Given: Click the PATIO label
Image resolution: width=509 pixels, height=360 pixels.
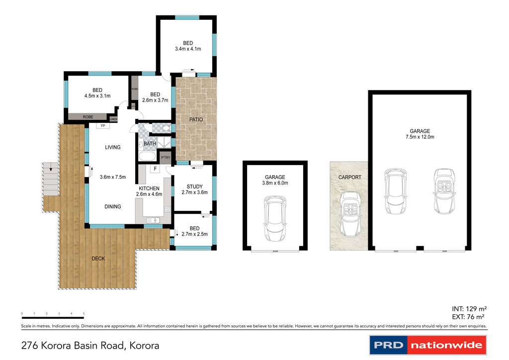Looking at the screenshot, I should click(196, 119).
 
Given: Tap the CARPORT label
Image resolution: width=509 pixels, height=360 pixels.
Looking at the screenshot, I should click(349, 177).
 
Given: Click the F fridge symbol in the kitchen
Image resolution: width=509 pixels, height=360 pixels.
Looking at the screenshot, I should click(155, 169).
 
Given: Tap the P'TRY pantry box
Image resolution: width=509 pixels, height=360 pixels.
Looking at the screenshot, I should click(165, 158).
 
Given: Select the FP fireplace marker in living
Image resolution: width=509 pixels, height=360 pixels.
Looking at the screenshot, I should click(103, 126).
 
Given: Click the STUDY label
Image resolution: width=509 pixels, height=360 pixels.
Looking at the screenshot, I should click(194, 186).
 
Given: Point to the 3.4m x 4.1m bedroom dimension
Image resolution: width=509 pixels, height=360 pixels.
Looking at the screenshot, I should click(187, 49).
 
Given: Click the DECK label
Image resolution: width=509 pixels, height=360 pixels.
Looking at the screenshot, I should click(98, 259).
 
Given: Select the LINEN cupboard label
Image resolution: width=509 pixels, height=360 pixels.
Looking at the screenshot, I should click(113, 119).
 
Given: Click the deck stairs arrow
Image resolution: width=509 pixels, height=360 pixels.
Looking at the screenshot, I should click(50, 169).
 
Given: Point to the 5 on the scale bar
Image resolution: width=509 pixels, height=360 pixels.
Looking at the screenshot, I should click(84, 314).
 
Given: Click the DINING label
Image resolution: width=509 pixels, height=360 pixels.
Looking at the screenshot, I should click(112, 206).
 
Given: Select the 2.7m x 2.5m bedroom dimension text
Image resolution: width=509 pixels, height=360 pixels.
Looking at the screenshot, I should click(194, 234).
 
